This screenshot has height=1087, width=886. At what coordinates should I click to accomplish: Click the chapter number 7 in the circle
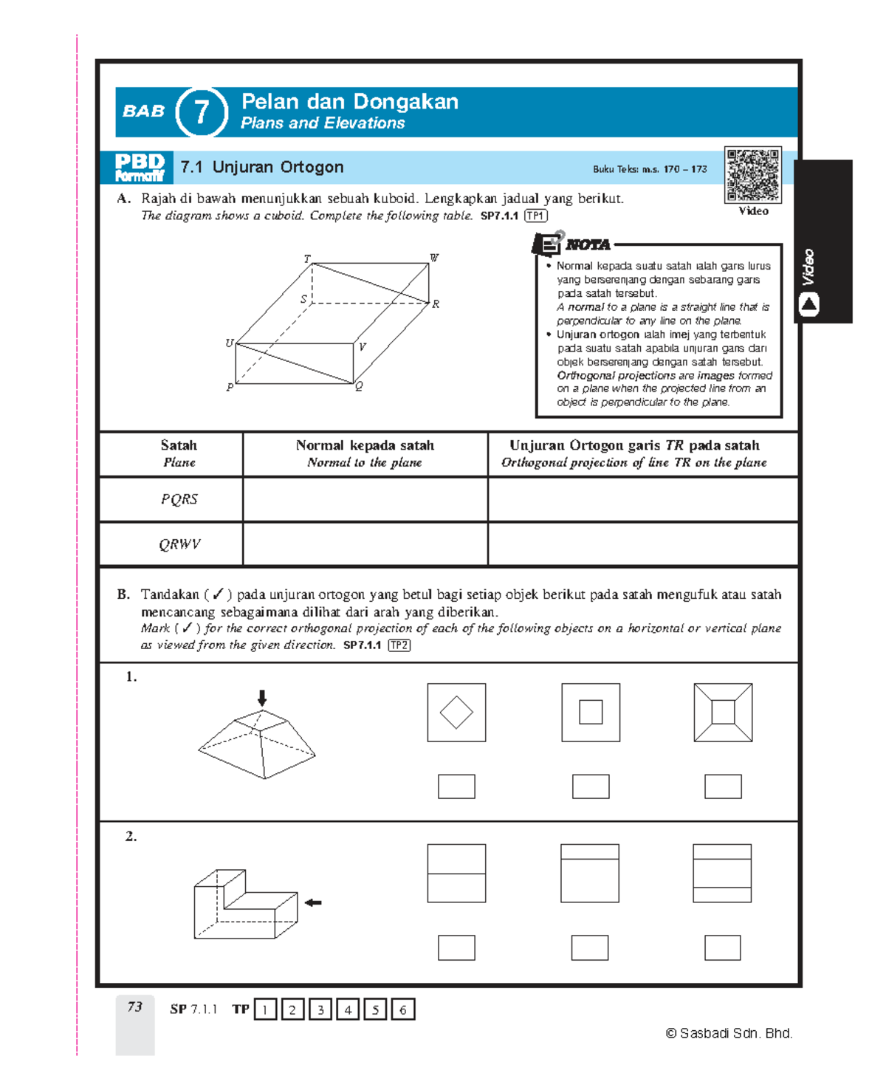(202, 112)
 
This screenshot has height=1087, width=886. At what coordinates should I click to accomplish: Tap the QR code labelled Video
(752, 175)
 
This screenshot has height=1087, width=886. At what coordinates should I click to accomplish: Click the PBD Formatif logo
(139, 167)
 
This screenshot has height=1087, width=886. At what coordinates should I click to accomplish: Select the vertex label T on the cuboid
(307, 259)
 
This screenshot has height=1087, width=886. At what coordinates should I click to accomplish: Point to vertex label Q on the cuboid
(359, 387)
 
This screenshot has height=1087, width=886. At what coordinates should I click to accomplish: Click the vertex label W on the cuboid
(434, 258)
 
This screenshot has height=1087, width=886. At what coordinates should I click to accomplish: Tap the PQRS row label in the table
(179, 499)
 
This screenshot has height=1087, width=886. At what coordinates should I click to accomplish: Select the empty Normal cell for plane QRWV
(365, 544)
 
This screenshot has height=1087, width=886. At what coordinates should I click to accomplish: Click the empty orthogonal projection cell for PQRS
(642, 499)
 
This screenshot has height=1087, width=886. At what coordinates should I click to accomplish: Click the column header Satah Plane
(179, 453)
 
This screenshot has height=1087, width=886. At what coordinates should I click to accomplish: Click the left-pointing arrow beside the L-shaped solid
(313, 902)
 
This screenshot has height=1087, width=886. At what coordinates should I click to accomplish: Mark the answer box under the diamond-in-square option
(456, 786)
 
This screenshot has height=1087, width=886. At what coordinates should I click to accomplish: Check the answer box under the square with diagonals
(723, 786)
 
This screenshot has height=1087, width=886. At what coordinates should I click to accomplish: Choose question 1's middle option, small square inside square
(591, 713)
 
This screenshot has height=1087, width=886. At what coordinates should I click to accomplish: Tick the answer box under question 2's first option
(456, 947)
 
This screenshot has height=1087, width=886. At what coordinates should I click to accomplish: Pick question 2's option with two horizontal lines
(722, 873)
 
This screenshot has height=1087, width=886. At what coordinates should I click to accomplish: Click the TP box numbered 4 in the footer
(348, 1009)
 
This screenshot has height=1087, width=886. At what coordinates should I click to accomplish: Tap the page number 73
(134, 1007)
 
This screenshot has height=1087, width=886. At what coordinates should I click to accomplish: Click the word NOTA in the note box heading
(588, 244)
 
